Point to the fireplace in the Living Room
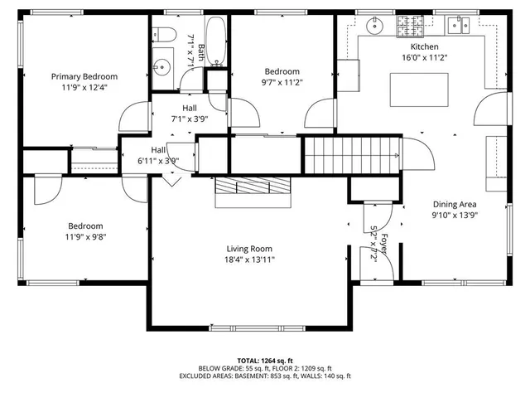click(x=253, y=192)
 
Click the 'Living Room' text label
click(x=249, y=249)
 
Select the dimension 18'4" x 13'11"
click(x=249, y=260)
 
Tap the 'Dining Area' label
click(x=455, y=204)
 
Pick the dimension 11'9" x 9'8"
click(x=85, y=236)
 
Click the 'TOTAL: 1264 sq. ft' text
click(x=265, y=361)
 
